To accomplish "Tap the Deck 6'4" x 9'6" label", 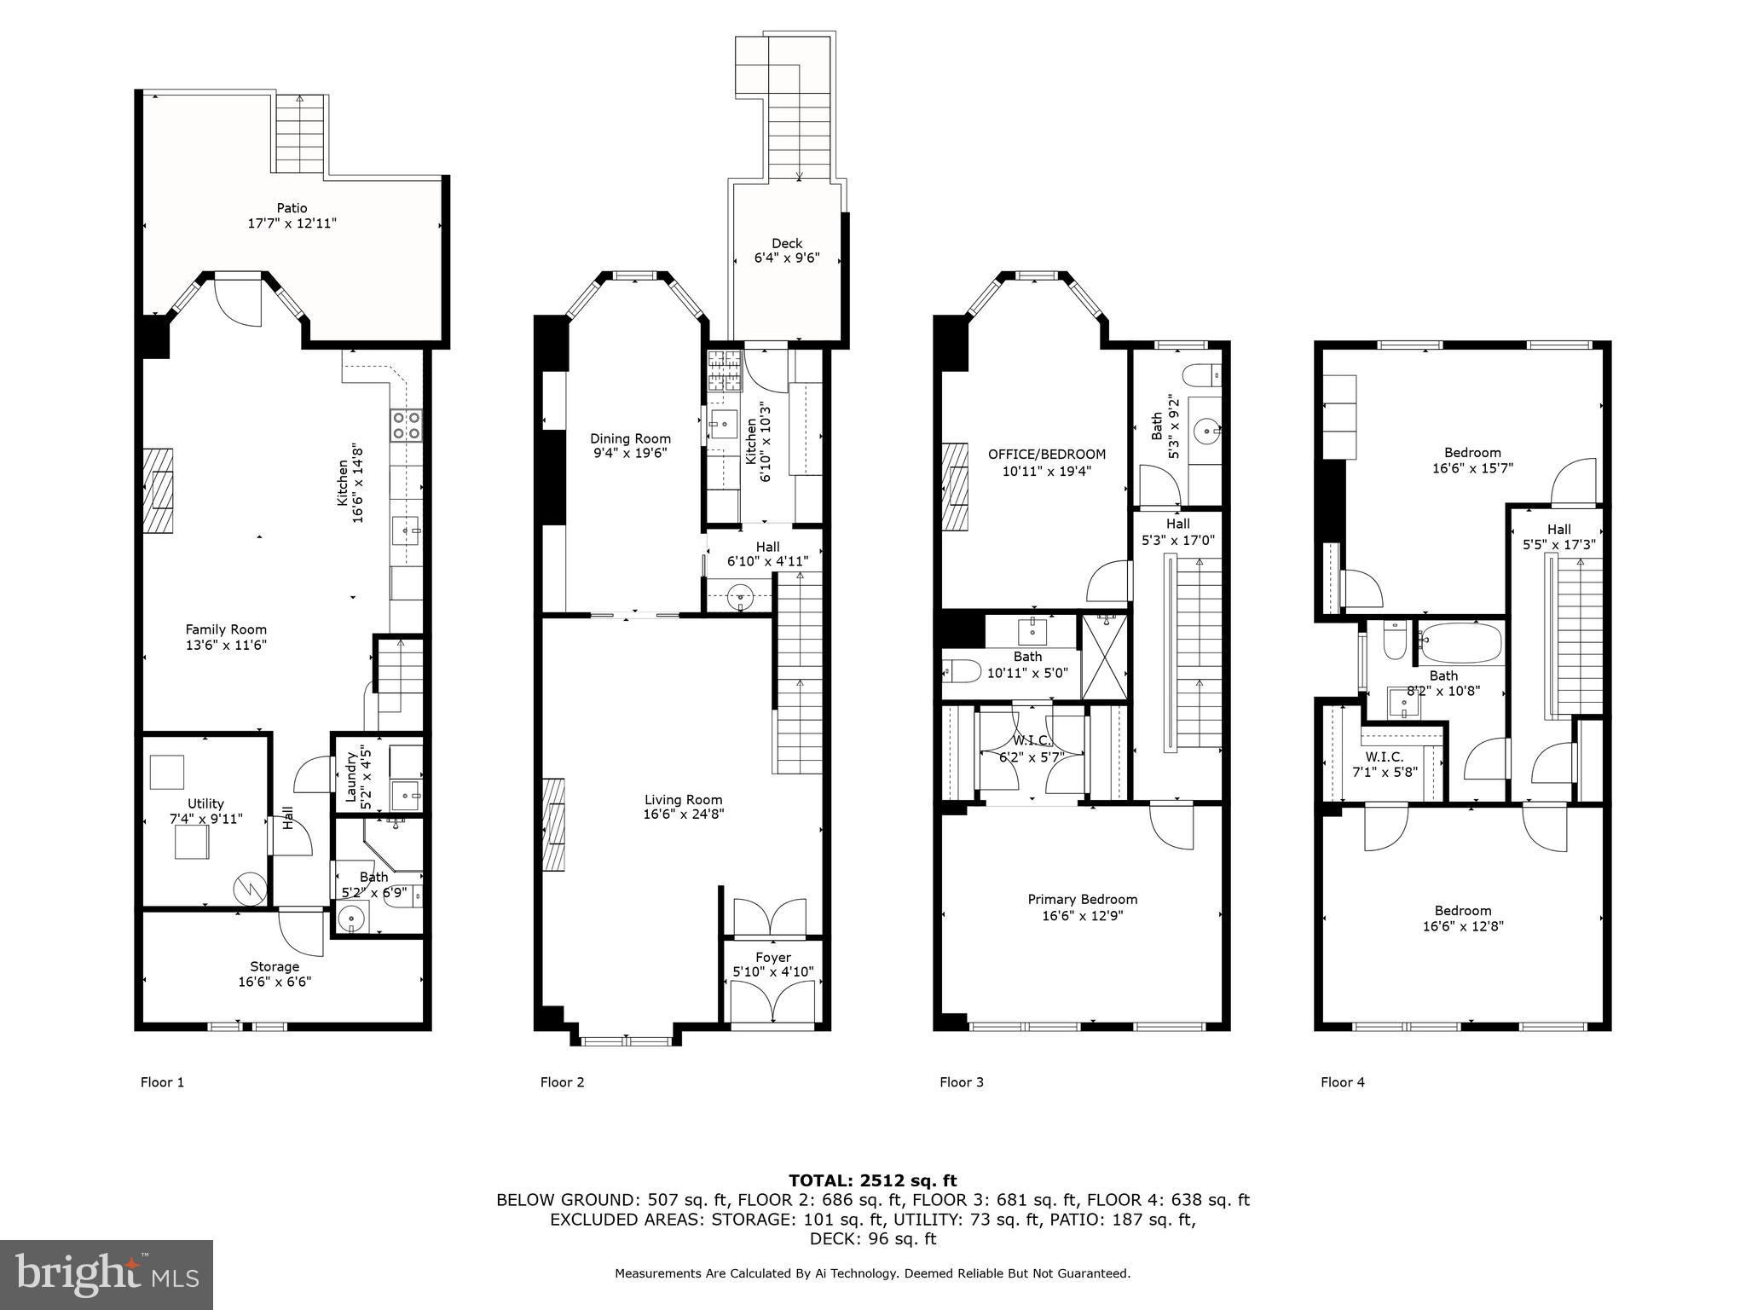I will coord(786,251).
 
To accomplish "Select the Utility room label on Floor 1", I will coord(205,811).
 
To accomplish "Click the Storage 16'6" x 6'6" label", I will coord(275,974).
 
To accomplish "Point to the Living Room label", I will coord(683,807).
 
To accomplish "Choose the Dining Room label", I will coord(630,446).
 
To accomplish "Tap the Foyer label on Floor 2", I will coord(772,965).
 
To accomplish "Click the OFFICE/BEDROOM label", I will coord(1046,462).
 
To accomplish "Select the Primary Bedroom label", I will coord(1082,907).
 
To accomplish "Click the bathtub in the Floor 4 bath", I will coord(1460,643).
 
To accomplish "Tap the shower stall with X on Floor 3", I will coord(1104,657).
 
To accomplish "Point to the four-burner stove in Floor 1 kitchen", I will coord(407,425).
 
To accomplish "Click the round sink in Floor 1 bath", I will coord(350,919).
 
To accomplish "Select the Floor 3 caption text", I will coord(961,1082).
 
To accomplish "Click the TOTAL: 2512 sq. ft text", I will coord(872,1180).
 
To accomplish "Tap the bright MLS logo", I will coord(107,1274).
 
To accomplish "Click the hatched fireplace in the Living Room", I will coord(554,824).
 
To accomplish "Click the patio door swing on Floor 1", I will coord(237,303).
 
